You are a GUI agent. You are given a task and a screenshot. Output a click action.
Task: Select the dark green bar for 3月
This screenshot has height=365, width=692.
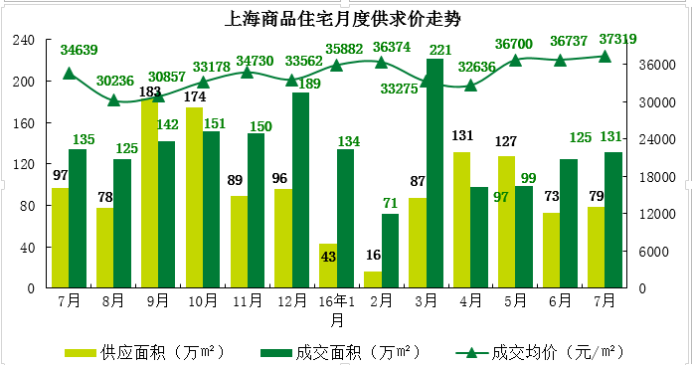tap(434, 174)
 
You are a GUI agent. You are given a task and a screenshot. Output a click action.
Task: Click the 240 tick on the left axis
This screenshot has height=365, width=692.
tap(24, 40)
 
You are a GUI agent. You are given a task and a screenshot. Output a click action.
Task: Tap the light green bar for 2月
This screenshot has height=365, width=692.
tap(373, 279)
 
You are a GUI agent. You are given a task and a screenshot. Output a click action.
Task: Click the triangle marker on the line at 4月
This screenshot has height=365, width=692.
tap(470, 86)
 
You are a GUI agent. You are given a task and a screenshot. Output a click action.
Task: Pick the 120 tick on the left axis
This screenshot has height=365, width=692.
tap(24, 164)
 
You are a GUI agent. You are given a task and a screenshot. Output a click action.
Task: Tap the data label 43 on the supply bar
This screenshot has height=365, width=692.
tap(328, 257)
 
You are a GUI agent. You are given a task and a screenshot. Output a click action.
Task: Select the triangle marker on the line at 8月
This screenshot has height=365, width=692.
tap(113, 100)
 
